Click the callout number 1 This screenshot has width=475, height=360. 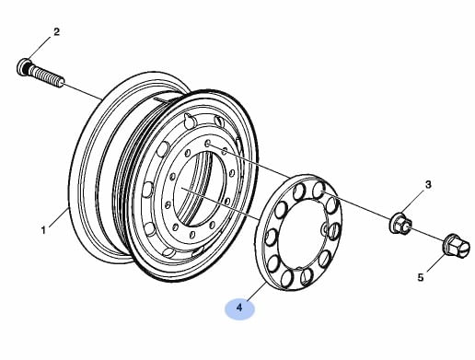click(x=43, y=230)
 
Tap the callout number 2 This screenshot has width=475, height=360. click(x=56, y=32)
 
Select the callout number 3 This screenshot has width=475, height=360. click(x=428, y=185)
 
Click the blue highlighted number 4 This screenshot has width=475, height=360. click(x=239, y=308)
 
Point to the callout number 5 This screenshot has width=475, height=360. click(x=421, y=277)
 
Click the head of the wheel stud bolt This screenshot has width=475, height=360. click(x=24, y=67)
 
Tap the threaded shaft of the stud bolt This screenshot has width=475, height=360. click(x=47, y=76)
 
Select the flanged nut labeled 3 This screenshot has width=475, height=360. click(x=400, y=223)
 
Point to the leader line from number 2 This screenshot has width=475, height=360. click(x=40, y=48)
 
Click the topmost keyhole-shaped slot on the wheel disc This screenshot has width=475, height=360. click(x=190, y=120)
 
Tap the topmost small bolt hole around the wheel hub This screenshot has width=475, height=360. click(x=208, y=144)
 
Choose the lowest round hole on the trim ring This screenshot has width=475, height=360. click(x=286, y=277)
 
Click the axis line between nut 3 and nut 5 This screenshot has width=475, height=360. click(x=427, y=234)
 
